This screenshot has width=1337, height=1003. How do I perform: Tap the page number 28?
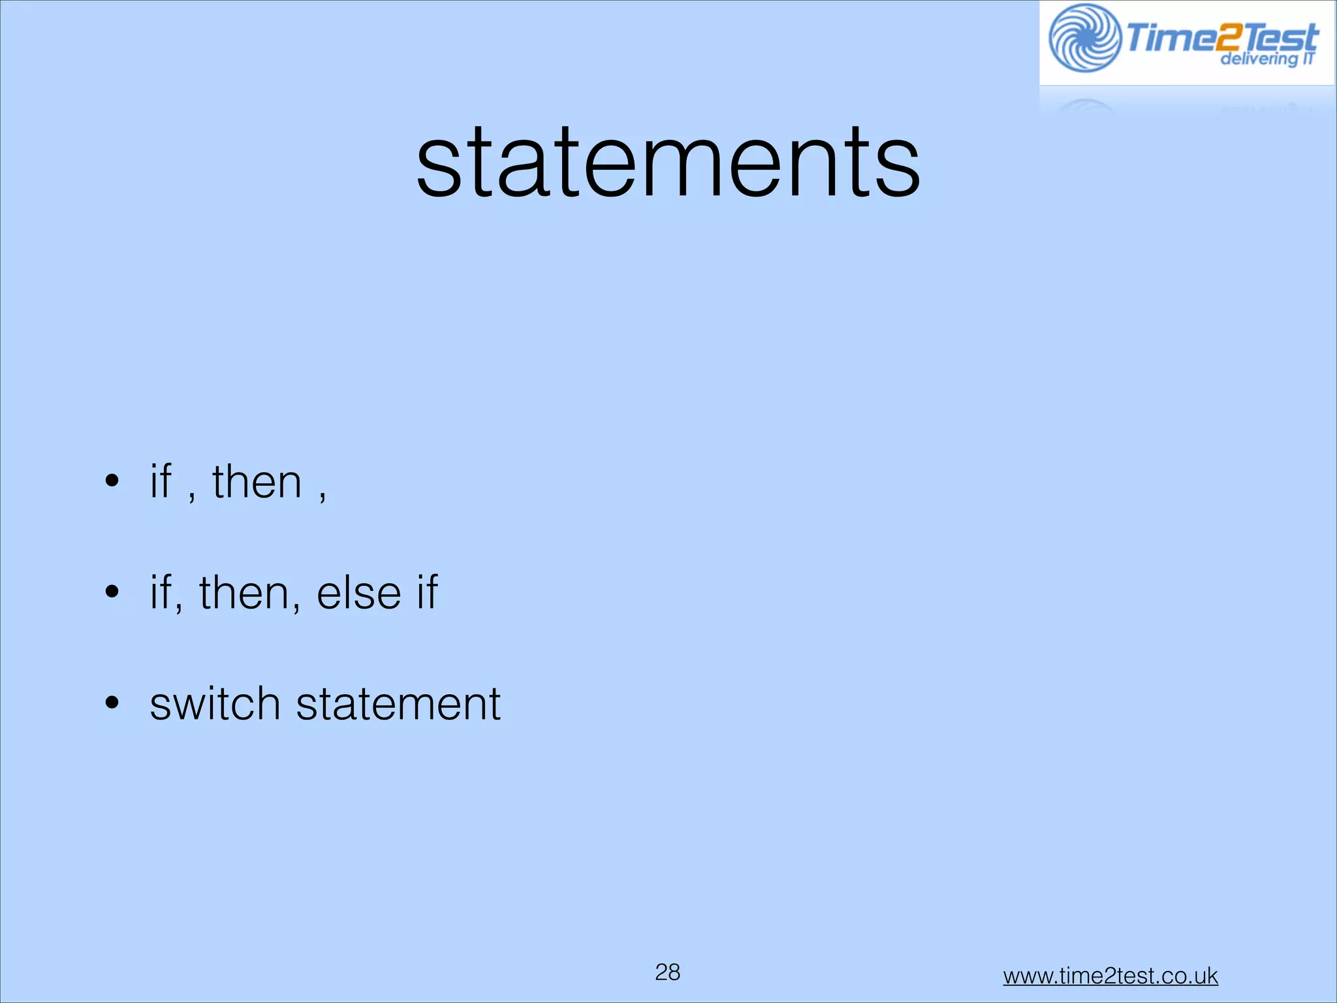[x=667, y=972]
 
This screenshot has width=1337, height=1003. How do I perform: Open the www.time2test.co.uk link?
[x=1110, y=976]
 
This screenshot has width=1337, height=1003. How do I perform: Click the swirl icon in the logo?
[x=1084, y=38]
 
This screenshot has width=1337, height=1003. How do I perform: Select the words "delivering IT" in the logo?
[x=1266, y=59]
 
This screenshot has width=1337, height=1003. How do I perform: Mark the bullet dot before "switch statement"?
[x=112, y=703]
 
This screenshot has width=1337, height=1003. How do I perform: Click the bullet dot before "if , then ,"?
[x=112, y=481]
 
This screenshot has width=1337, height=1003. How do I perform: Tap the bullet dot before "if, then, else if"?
[x=112, y=592]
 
